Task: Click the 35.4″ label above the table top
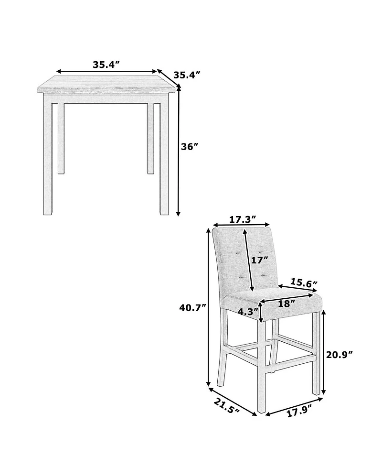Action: click(x=106, y=65)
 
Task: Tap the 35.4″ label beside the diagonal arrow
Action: click(x=186, y=75)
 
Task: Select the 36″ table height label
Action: click(x=190, y=147)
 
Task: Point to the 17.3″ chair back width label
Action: click(x=243, y=219)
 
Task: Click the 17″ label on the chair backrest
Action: click(x=260, y=261)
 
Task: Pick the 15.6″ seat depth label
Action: click(x=304, y=282)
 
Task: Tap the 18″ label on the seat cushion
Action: click(x=286, y=304)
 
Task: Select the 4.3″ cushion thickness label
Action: click(x=248, y=312)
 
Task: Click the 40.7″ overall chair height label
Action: click(x=192, y=308)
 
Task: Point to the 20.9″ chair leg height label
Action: click(x=340, y=355)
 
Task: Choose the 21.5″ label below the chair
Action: click(x=227, y=405)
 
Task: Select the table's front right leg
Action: click(x=164, y=154)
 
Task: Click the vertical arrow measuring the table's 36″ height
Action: click(x=179, y=151)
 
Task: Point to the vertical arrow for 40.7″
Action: click(x=209, y=307)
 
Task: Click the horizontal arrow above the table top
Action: click(x=106, y=72)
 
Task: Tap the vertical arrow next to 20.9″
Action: click(x=324, y=352)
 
